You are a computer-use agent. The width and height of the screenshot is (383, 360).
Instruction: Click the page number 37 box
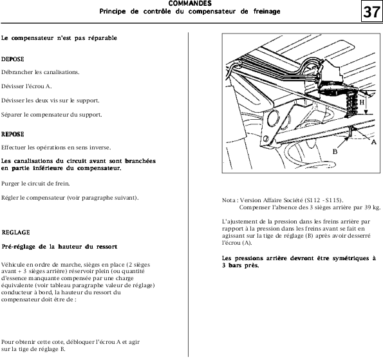[x=371, y=12]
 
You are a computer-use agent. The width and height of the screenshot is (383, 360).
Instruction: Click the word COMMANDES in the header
[x=190, y=3]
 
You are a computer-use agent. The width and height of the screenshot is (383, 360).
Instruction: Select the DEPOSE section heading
[x=12, y=59]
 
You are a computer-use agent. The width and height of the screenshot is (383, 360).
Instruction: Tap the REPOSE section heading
[x=12, y=134]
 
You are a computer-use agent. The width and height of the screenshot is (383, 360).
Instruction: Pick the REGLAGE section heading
[x=15, y=232]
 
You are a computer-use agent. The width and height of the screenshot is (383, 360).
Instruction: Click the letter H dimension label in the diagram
[x=362, y=102]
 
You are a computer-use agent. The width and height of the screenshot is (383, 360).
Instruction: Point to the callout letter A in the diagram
[x=374, y=142]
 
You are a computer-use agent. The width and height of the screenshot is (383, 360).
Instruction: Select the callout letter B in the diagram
[x=335, y=151]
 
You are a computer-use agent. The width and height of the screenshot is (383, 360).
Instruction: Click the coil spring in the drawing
[x=351, y=104]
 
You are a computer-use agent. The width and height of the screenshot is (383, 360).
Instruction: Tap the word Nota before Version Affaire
[x=229, y=200]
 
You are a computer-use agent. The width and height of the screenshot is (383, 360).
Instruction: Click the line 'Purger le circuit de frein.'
[x=35, y=184]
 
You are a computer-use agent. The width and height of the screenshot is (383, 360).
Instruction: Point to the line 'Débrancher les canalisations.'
[x=41, y=72]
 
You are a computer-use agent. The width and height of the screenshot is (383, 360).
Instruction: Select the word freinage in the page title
[x=266, y=12]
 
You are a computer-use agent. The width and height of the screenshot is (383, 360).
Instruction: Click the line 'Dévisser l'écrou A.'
[x=26, y=86]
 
